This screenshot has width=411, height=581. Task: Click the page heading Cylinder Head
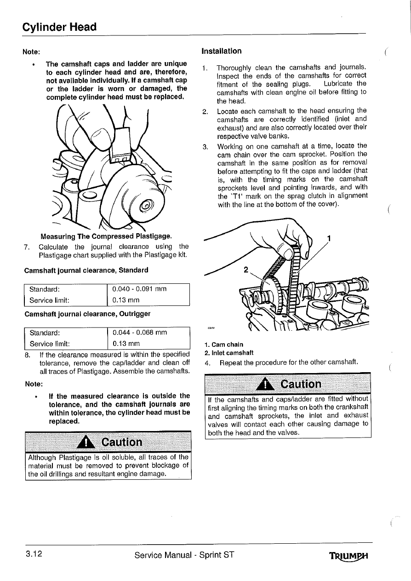[x=60, y=27]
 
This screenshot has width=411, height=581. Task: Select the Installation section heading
[x=222, y=51]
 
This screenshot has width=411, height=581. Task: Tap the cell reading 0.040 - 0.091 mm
[x=139, y=289]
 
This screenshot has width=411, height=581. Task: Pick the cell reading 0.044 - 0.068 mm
[x=139, y=332]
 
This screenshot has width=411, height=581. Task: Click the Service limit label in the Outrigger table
[x=49, y=344]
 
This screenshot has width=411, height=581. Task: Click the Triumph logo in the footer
[x=351, y=555]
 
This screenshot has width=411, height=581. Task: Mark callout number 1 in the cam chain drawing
[x=328, y=238]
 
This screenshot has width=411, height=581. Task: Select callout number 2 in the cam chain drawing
[x=246, y=270]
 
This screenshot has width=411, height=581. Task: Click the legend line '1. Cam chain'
[x=224, y=345]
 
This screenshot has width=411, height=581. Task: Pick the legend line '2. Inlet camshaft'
[x=229, y=353]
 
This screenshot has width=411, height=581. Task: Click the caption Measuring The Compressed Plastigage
[x=106, y=237]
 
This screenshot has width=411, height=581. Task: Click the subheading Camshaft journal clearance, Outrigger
[x=87, y=314]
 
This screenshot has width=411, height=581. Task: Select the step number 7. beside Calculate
[x=27, y=247]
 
